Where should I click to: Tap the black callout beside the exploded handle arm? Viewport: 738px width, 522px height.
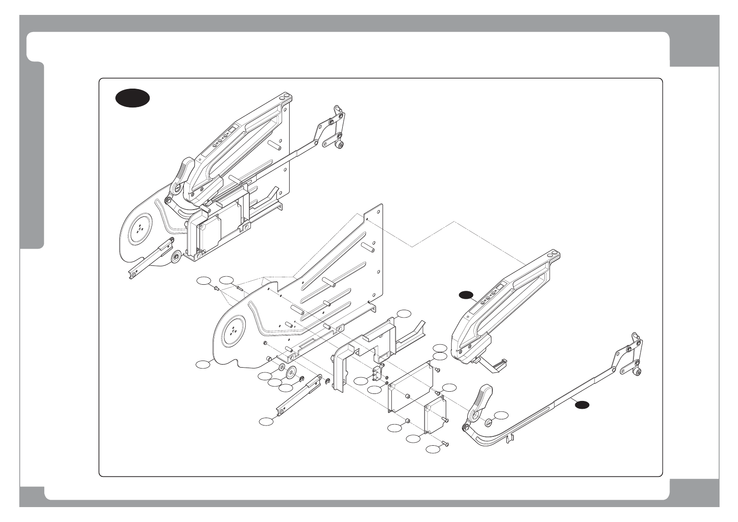click(x=466, y=295)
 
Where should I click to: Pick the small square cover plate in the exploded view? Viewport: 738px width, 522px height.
click(x=434, y=414)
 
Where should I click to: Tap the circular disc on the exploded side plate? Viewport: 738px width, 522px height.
click(x=232, y=332)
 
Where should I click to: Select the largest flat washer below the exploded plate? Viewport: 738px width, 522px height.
click(x=290, y=372)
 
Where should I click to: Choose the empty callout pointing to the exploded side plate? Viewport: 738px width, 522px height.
click(x=203, y=364)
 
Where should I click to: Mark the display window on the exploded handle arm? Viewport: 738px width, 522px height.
click(x=499, y=289)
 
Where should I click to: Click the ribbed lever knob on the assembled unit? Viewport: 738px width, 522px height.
click(x=185, y=172)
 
